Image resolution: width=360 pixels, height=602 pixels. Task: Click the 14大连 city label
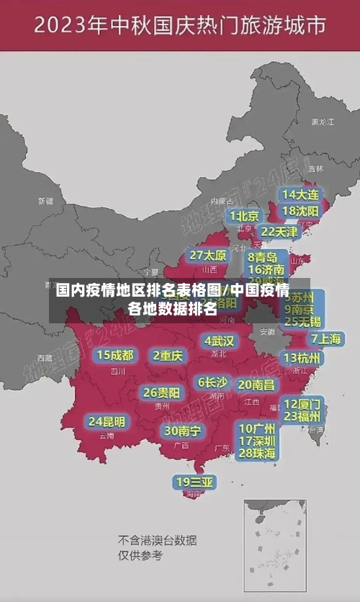(300, 194)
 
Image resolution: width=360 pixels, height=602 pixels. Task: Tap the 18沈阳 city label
(300, 211)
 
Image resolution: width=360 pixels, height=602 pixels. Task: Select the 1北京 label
(244, 216)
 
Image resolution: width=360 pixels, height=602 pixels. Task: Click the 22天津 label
(279, 232)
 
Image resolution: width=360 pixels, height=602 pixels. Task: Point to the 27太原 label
(208, 256)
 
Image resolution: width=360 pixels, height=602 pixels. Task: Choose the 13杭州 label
(302, 358)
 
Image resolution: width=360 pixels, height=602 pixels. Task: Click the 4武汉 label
(219, 341)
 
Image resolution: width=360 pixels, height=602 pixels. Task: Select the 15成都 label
(115, 355)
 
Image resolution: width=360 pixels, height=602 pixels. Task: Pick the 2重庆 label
(168, 355)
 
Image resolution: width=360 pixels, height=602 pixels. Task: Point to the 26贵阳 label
(162, 393)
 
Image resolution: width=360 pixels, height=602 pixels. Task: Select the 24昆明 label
(107, 421)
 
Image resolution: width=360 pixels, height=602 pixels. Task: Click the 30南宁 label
(182, 431)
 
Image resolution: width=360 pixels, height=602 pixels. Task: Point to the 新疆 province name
(45, 201)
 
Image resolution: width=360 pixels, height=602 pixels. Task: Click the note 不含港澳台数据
(158, 540)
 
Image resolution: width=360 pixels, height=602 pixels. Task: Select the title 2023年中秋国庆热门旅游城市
(180, 27)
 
